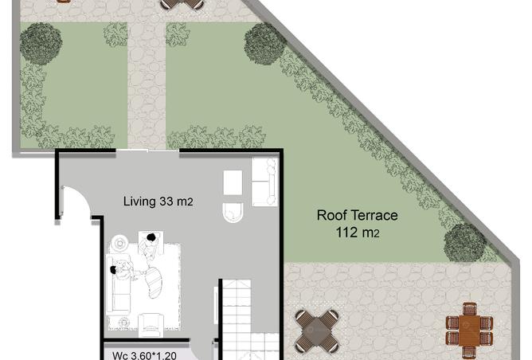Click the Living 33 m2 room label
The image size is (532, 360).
pos(158,202)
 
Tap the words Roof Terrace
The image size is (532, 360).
pos(358,215)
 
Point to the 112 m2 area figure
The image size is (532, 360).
pos(358,233)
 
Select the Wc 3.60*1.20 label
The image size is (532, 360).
pos(144,355)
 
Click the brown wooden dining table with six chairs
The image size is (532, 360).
pos(469,331)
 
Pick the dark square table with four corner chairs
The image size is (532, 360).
pos(316,331)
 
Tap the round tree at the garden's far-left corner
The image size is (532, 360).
pos(41,44)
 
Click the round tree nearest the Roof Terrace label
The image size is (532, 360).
pos(465,243)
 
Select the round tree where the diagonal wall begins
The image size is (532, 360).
pos(264,43)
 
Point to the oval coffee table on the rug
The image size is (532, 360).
pos(155,282)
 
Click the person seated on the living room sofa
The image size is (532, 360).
pos(123,270)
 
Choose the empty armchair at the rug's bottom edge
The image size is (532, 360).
pos(151,325)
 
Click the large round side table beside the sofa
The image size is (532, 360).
pos(119,243)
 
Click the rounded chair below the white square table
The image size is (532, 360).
pos(233,213)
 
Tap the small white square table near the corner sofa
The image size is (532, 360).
pos(233,182)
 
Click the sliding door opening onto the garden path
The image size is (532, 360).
pos(147,151)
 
